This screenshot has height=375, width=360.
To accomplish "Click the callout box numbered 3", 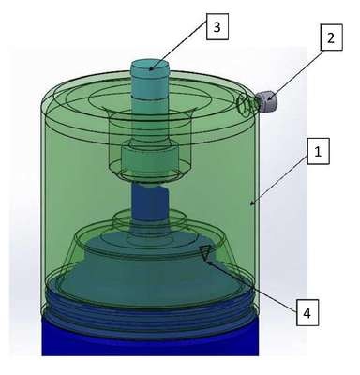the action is (217, 27).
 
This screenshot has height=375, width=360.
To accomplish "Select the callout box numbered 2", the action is (331, 37).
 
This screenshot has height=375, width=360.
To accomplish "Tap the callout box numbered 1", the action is (318, 152).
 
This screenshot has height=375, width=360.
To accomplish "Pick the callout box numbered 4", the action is (307, 313).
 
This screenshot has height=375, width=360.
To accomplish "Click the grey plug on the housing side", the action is (267, 101).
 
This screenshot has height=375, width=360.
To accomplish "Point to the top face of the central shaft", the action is (150, 67).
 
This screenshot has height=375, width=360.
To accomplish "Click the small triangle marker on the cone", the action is (205, 252).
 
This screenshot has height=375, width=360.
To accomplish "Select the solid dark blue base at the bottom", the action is (150, 339).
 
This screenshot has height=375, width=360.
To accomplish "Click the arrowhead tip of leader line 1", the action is (250, 205).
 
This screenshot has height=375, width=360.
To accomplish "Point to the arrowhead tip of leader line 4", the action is (206, 261).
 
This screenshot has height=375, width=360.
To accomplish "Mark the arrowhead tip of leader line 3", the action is (149, 69).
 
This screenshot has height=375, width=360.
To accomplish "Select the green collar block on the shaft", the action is (149, 160).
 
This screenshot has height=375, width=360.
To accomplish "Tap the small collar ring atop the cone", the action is (150, 218).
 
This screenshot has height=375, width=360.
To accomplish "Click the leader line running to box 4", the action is (251, 286).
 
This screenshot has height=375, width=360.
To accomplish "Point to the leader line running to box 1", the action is (279, 179).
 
